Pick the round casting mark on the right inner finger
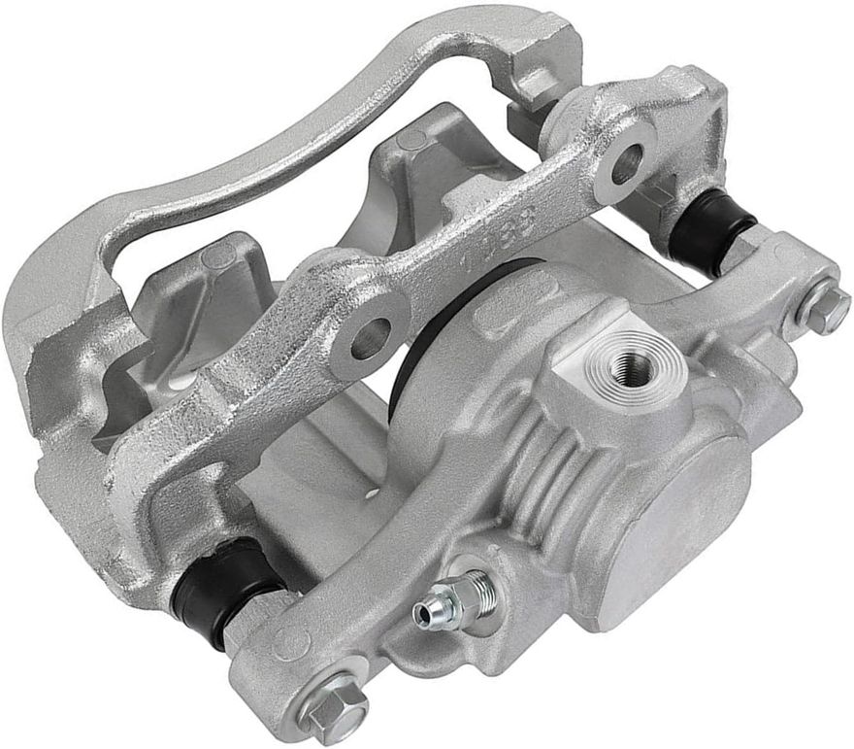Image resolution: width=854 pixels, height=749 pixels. click(413, 142)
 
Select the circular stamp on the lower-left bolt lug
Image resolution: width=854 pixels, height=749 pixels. click(288, 643)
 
